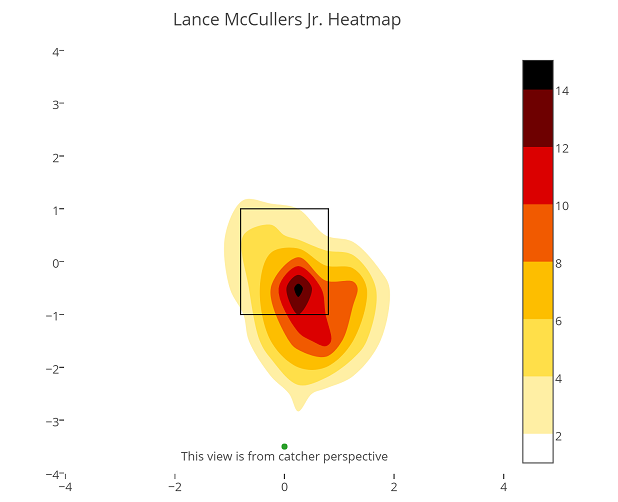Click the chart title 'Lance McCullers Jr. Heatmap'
(x=287, y=20)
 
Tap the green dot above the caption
(x=284, y=446)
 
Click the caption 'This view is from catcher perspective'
(x=284, y=457)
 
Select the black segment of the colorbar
(x=537, y=75)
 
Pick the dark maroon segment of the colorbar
(x=537, y=118)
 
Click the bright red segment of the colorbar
(x=537, y=176)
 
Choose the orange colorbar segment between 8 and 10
(x=537, y=233)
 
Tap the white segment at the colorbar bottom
(x=537, y=448)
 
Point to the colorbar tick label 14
(x=562, y=91)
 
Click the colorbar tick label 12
(x=562, y=148)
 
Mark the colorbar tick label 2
(x=559, y=435)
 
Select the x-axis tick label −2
(x=174, y=488)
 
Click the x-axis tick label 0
(x=284, y=488)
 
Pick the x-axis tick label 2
(x=394, y=488)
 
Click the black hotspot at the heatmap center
(x=298, y=290)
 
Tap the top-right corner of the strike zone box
(x=328, y=209)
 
